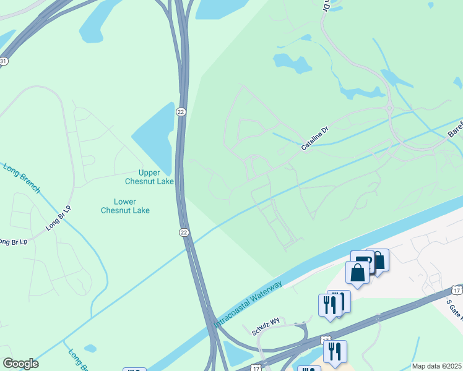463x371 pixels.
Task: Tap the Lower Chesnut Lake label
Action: (x=126, y=206)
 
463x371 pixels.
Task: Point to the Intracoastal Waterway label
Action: (x=248, y=304)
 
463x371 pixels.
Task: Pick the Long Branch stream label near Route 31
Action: (x=22, y=178)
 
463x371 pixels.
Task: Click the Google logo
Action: (x=20, y=364)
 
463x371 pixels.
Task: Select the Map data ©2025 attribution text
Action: (x=437, y=366)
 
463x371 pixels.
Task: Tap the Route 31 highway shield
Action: (x=3, y=61)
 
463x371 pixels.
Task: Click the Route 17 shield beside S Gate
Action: (x=457, y=289)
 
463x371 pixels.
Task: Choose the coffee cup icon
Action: (x=361, y=260)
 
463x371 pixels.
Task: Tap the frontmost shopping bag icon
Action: (x=357, y=271)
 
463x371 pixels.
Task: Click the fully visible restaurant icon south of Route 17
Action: (x=335, y=351)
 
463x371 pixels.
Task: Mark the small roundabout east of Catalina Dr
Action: (x=390, y=109)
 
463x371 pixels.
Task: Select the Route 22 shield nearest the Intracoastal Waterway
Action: (x=184, y=232)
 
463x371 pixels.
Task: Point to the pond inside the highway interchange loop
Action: (x=235, y=352)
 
